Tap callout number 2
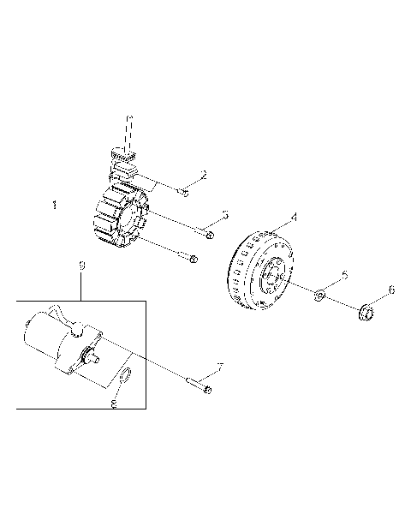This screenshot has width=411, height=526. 203,175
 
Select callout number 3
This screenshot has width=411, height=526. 224,213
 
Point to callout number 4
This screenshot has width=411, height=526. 295,218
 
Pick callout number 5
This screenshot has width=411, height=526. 344,275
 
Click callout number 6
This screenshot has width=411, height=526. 391,290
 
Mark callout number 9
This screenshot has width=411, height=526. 82,267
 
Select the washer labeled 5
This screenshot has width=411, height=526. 319,296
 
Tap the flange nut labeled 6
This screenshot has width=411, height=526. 365,314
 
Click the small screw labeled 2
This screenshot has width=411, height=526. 184,193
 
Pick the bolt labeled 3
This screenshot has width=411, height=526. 209,233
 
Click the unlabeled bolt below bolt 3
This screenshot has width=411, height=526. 192,258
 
